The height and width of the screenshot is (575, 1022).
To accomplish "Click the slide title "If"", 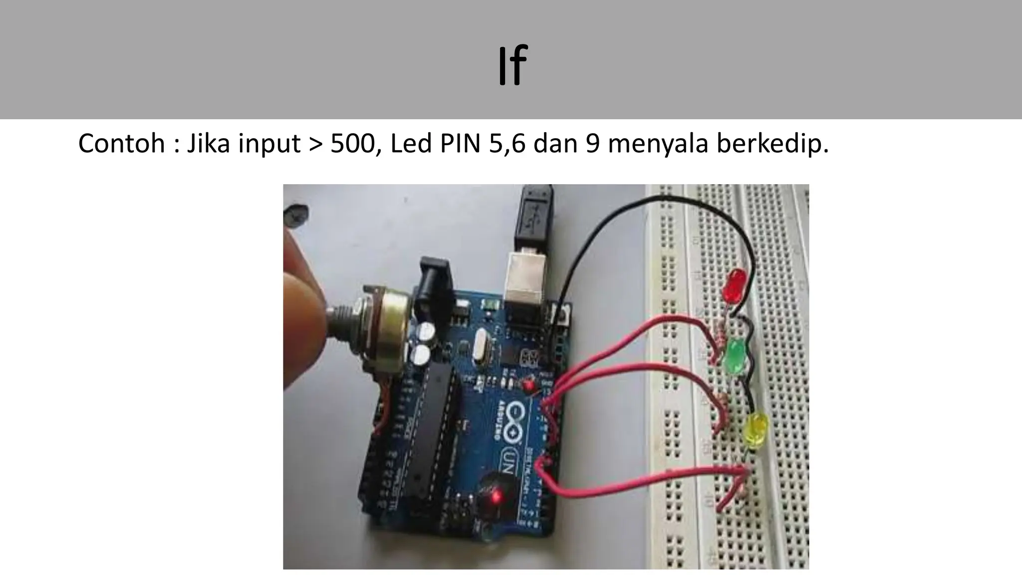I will point(512,65).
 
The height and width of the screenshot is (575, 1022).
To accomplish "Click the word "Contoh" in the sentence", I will point(121,144).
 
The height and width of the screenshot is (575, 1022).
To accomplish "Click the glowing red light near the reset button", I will point(496,497).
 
